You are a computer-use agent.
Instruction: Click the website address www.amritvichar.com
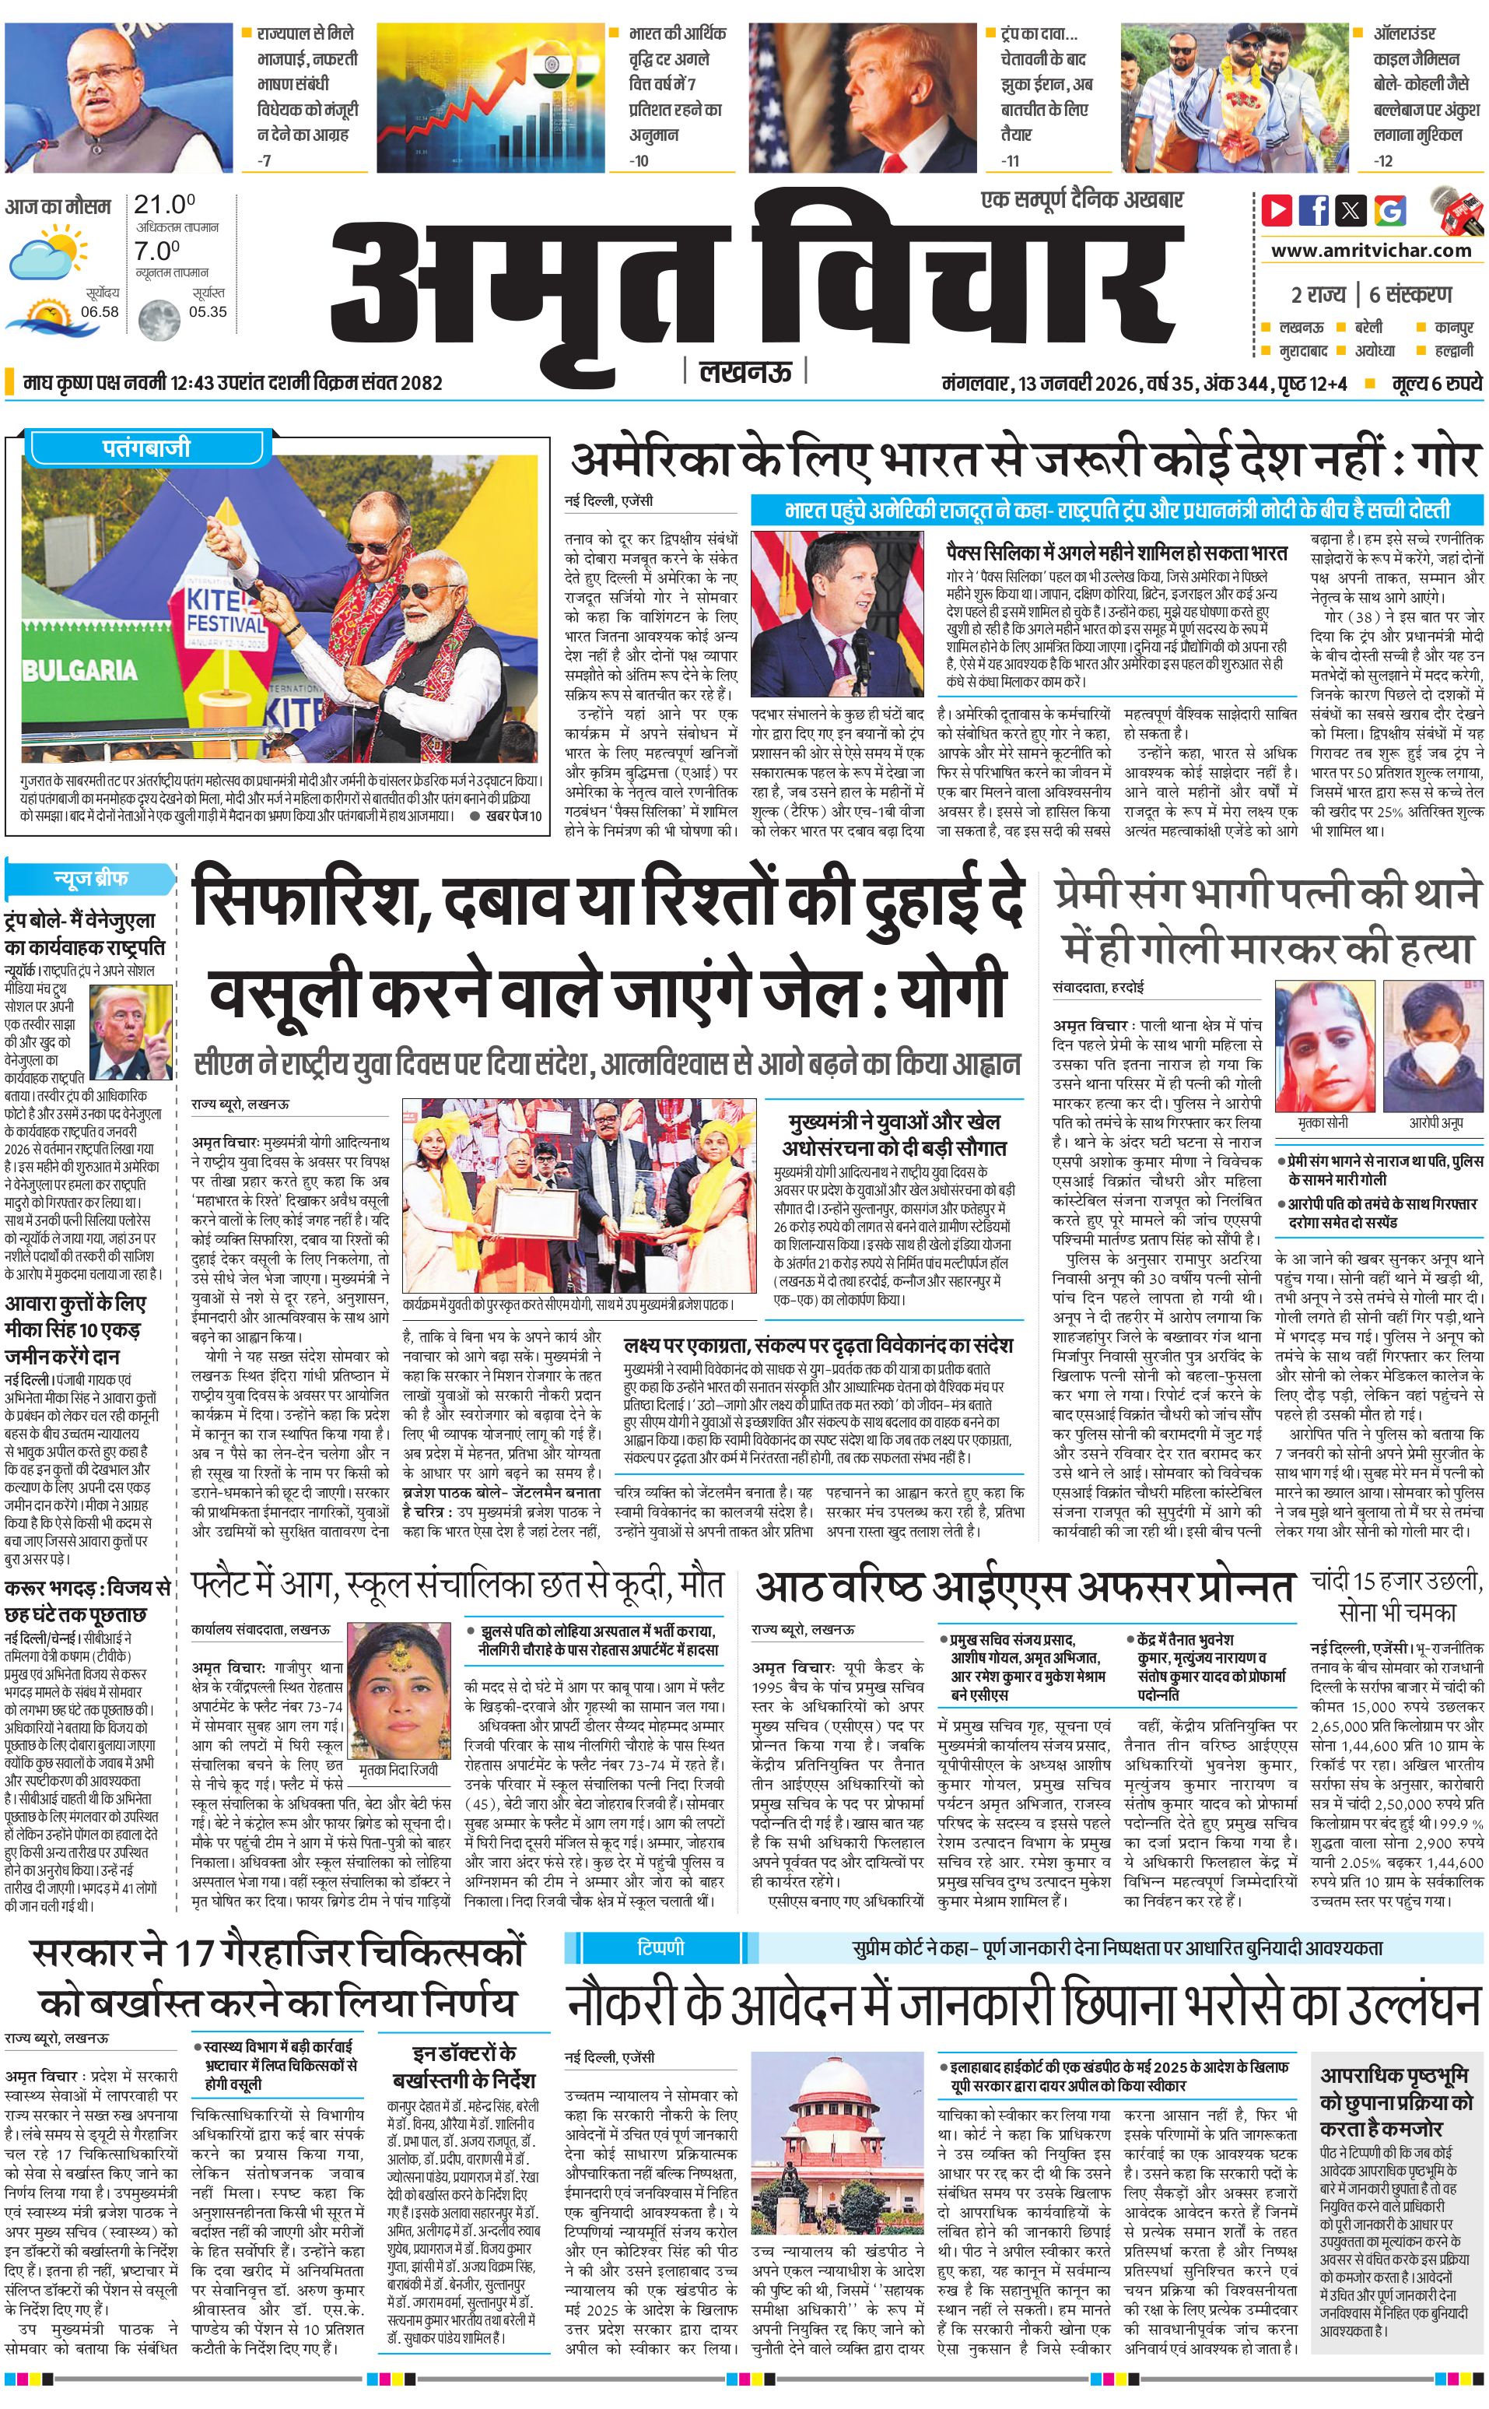[x=1371, y=251]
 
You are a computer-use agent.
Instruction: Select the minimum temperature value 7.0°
[x=158, y=251]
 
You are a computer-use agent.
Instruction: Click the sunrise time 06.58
[x=100, y=311]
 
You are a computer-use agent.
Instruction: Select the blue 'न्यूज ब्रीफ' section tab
[x=89, y=878]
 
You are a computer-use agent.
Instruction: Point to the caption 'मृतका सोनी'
[x=1323, y=1122]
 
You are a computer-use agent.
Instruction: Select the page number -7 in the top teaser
[x=264, y=160]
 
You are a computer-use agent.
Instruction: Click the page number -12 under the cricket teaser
[x=1384, y=160]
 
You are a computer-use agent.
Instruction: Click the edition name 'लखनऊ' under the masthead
[x=745, y=371]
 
